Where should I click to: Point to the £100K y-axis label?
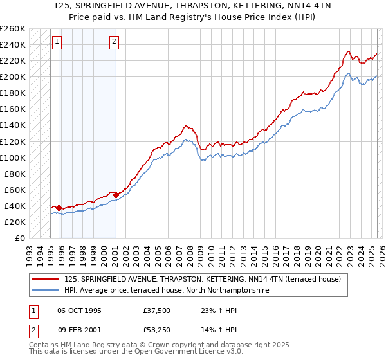[12, 157]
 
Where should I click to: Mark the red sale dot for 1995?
[59, 208]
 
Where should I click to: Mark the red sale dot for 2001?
[116, 195]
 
